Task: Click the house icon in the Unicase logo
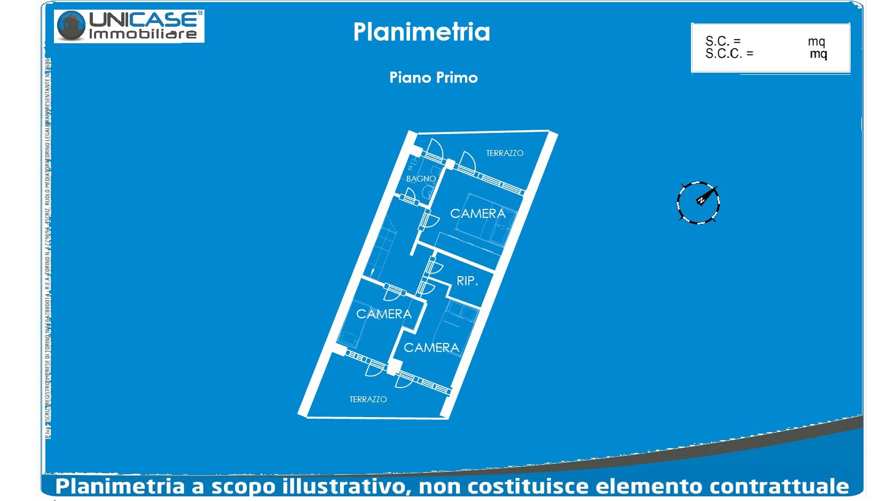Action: coord(72,26)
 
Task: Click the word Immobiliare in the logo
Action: coord(143,34)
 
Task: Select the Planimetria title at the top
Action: coord(421,32)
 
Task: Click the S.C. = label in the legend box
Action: coord(723,41)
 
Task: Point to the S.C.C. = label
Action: coord(729,53)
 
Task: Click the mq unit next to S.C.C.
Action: coord(818,54)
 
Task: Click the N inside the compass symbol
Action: coord(701,200)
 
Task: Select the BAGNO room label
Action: coord(421,179)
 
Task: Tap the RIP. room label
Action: coord(467,281)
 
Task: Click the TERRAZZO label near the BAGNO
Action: coord(505,153)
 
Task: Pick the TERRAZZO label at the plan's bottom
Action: coord(368,400)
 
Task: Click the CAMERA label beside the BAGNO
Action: coord(478,214)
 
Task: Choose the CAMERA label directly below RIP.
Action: coord(431,348)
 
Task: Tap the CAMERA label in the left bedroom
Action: coord(384,314)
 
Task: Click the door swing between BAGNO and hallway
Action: coord(409,195)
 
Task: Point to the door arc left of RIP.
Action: coord(436,267)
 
